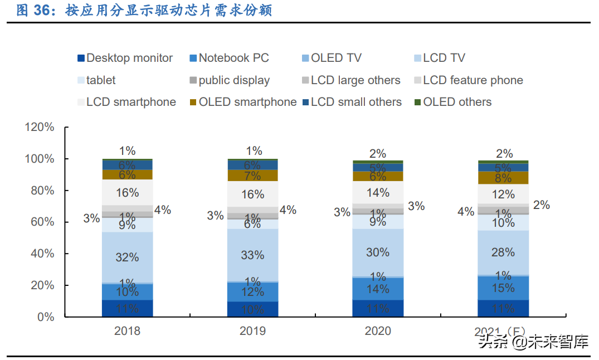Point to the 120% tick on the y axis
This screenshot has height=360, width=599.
40,127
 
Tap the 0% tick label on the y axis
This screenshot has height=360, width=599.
45,317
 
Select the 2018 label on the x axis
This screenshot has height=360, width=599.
127,331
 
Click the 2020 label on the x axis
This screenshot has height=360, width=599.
378,331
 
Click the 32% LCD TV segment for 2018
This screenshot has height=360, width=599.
127,257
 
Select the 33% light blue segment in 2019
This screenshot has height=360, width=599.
252,255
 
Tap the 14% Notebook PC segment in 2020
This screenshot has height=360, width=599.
378,289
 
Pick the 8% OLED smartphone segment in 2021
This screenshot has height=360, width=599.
503,178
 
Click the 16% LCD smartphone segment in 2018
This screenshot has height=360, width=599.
127,192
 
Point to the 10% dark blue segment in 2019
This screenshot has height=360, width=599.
252,309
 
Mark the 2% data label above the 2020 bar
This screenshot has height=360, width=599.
378,154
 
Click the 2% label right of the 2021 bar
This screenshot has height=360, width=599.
541,205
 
